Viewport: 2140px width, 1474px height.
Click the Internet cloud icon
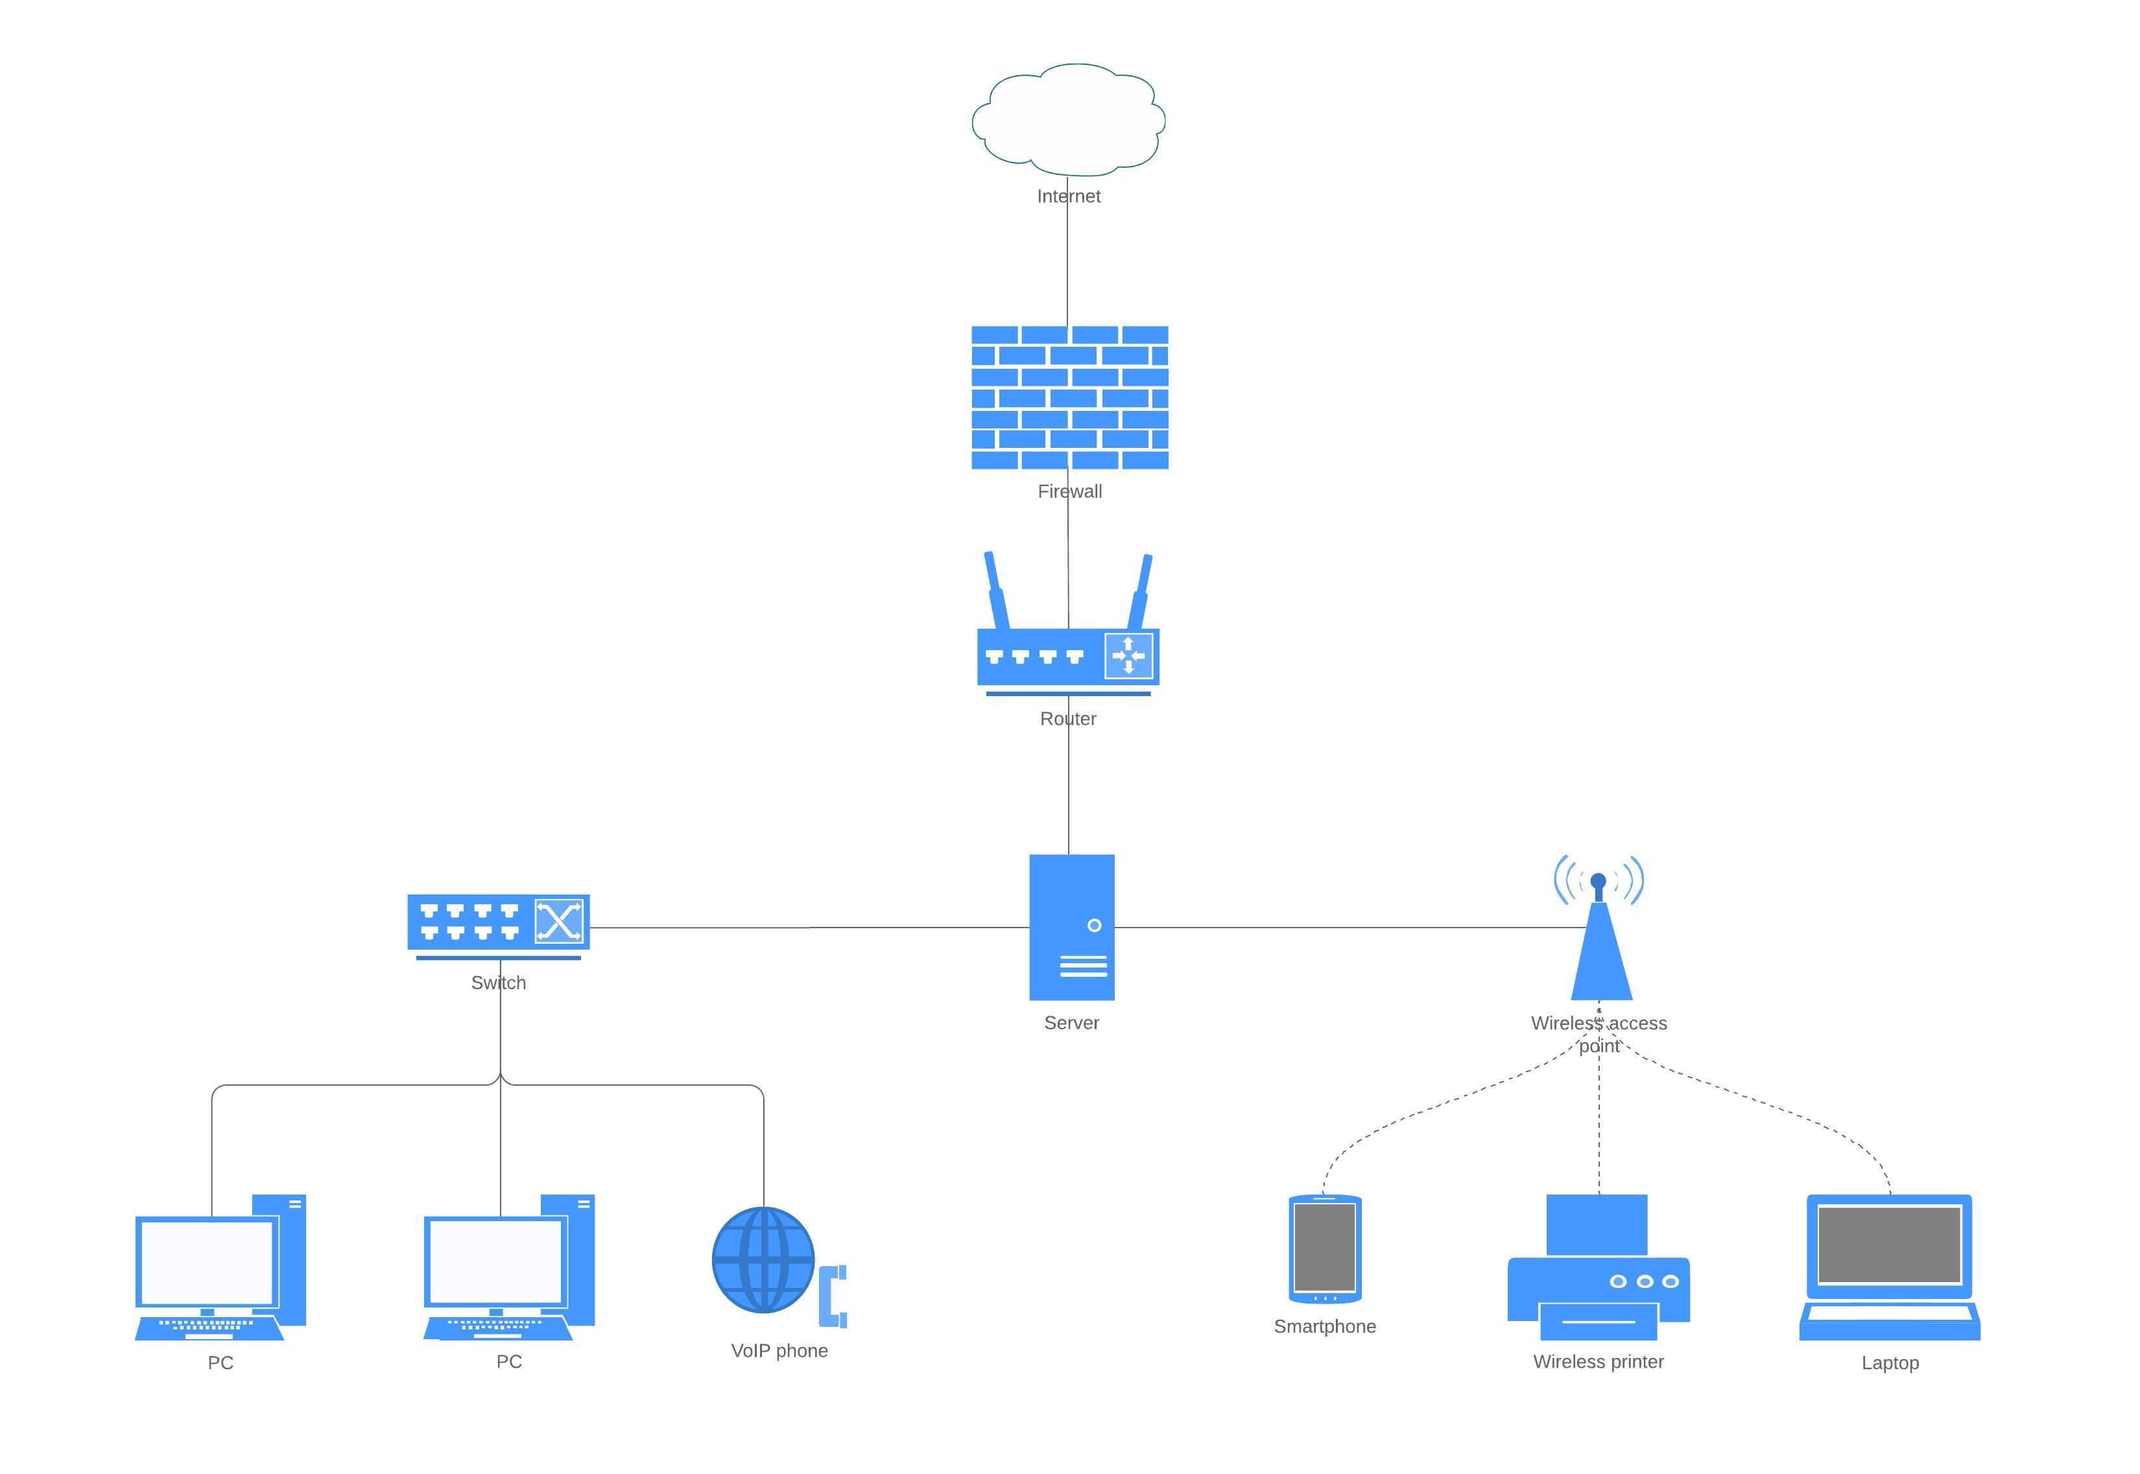(x=1068, y=120)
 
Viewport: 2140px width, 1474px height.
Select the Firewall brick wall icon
(x=1069, y=397)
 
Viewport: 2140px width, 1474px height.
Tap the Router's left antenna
(x=995, y=591)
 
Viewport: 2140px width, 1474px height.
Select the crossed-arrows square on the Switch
(x=559, y=922)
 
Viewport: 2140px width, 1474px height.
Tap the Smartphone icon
(x=1325, y=1248)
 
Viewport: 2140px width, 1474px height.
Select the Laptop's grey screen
(x=1890, y=1244)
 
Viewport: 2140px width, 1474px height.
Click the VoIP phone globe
(x=763, y=1259)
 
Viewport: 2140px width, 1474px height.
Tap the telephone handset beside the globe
(x=833, y=1296)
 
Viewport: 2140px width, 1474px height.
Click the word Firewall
(x=1070, y=491)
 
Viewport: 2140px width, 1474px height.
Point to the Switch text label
(x=498, y=983)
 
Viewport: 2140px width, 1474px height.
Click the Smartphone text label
(x=1324, y=1326)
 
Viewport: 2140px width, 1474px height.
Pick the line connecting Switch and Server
(x=809, y=928)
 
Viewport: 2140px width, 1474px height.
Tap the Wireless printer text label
(x=1598, y=1361)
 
